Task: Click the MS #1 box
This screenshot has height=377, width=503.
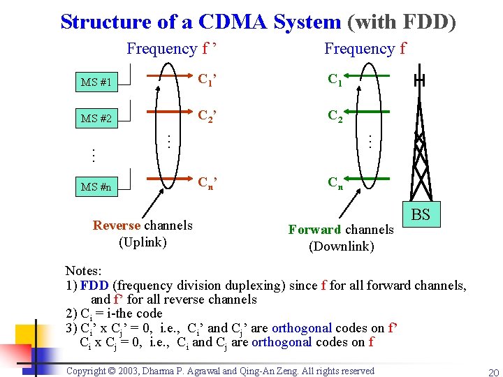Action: tap(97, 82)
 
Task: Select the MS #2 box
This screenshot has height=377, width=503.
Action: tap(97, 118)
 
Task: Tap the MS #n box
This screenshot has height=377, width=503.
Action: tap(97, 186)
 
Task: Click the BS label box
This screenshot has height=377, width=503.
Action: tap(421, 214)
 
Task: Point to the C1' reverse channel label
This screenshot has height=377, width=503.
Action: tap(207, 80)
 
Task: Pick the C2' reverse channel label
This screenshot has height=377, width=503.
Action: tap(207, 116)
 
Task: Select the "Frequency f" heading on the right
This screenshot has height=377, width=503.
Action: tap(365, 49)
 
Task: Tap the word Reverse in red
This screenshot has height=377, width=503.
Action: tap(117, 226)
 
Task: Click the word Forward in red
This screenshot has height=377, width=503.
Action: tap(315, 230)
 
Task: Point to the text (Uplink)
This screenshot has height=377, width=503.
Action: tap(143, 242)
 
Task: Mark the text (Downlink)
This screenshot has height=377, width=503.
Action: tap(342, 246)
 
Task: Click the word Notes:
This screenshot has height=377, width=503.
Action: tap(83, 270)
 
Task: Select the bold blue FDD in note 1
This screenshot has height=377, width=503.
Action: tap(94, 285)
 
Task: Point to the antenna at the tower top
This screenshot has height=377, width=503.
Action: tap(419, 81)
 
